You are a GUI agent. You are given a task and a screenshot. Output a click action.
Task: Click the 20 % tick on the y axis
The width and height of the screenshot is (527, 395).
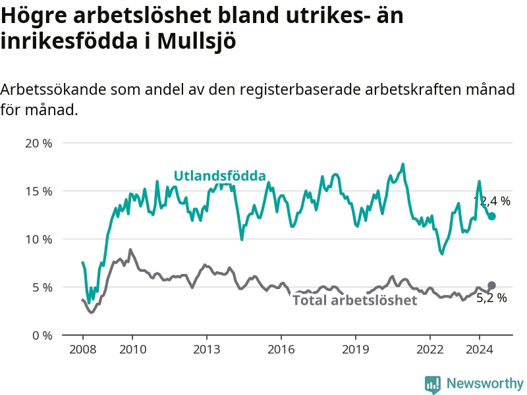(x=38, y=143)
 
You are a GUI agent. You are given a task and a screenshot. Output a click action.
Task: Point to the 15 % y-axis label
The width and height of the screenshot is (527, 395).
(x=38, y=191)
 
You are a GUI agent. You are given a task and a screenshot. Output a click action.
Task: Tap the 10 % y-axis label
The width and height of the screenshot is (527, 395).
(x=38, y=239)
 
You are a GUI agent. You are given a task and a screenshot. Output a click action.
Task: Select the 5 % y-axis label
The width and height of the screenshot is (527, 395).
(x=42, y=287)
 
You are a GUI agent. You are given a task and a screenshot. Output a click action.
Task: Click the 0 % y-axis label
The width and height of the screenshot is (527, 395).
(x=42, y=335)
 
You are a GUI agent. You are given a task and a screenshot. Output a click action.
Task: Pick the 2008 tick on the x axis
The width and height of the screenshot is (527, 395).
(x=82, y=349)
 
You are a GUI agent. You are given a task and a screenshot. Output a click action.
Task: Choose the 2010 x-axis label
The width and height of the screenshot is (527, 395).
(x=132, y=349)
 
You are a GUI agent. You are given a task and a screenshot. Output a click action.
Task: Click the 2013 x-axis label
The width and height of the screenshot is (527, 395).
(x=206, y=349)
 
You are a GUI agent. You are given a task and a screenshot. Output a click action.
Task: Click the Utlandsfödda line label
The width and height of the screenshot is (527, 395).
(x=219, y=176)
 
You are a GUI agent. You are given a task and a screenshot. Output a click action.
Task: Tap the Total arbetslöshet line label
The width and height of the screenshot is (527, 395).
(x=354, y=301)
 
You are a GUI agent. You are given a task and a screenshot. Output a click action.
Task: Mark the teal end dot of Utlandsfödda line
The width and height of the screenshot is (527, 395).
(x=491, y=216)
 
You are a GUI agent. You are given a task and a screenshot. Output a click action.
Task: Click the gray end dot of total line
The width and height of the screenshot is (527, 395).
(x=491, y=285)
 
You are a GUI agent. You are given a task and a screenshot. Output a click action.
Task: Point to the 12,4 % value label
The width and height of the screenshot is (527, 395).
(x=492, y=201)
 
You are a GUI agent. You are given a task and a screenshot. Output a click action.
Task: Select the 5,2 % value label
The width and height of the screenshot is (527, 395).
(x=491, y=298)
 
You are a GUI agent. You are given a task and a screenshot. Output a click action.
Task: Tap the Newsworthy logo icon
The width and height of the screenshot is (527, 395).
(x=433, y=384)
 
